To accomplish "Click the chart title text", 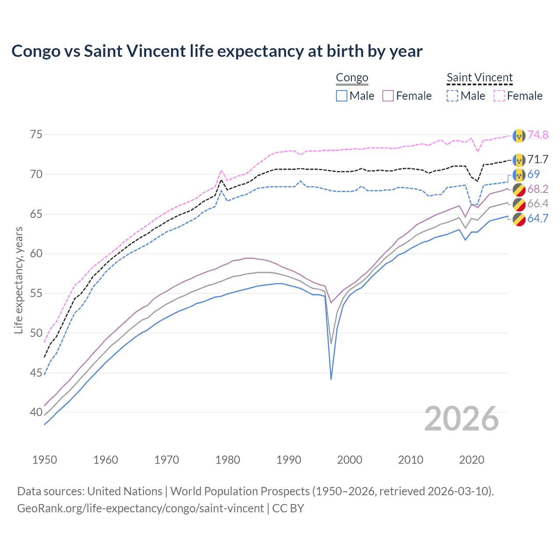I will (x=217, y=51).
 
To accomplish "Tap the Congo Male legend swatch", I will (x=342, y=96).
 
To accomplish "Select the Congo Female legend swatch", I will (x=388, y=96).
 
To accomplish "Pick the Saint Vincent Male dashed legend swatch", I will (x=452, y=96).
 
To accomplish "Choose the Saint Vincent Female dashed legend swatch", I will (x=499, y=96).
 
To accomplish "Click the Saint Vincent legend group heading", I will (x=479, y=77).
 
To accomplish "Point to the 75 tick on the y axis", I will (x=36, y=134).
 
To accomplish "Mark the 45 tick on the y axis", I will (x=36, y=373).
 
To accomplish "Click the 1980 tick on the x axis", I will (x=227, y=460).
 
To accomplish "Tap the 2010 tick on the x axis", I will (x=410, y=460).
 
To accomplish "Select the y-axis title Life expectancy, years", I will (x=18, y=280).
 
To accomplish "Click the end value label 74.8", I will (x=538, y=135).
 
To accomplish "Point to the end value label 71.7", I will (x=538, y=159).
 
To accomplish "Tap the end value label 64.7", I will (x=538, y=218).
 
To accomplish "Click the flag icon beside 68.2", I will (x=519, y=189).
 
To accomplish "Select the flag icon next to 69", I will (x=519, y=175).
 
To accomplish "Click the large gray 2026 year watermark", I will (x=461, y=419).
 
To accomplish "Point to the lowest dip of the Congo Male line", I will (x=331, y=379).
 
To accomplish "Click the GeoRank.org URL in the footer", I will (x=140, y=508).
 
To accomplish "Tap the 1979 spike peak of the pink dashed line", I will (x=221, y=170).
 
